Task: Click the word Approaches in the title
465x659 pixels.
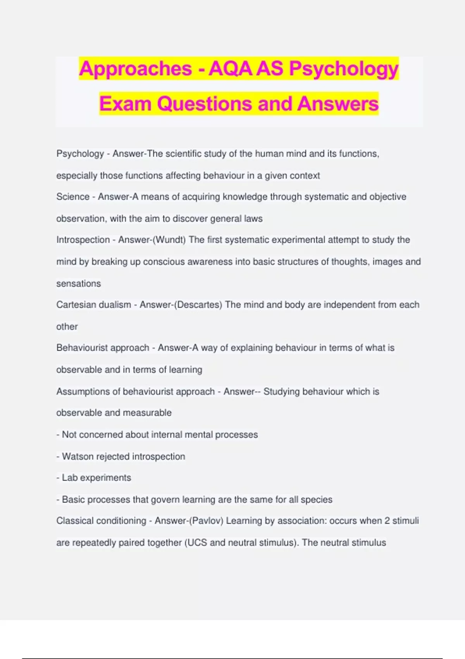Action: click(x=135, y=69)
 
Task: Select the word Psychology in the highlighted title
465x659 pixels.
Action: click(x=344, y=69)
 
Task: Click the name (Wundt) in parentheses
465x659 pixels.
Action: click(x=170, y=240)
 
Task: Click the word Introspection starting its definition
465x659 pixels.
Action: click(x=83, y=240)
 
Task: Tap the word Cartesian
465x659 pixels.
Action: click(x=74, y=305)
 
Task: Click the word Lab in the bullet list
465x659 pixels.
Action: click(x=70, y=478)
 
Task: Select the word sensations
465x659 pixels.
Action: click(x=78, y=283)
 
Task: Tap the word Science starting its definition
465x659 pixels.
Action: click(x=73, y=197)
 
